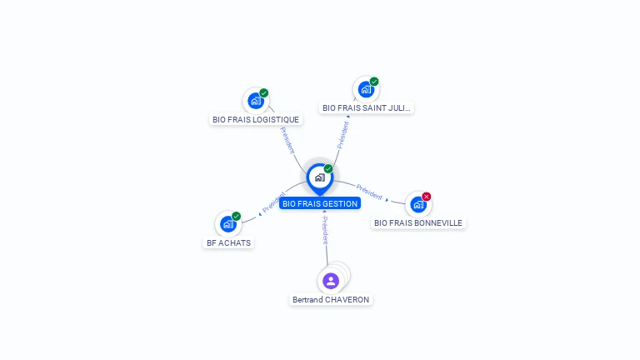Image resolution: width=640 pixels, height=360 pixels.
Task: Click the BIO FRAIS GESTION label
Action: click(x=320, y=203)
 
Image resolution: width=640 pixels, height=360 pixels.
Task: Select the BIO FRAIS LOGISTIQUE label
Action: click(x=256, y=119)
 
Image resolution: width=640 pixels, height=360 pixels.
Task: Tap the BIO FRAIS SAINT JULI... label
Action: click(x=367, y=107)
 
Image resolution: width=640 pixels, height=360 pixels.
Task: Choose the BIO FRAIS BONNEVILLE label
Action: click(x=418, y=222)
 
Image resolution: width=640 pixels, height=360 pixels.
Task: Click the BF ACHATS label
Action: click(x=228, y=242)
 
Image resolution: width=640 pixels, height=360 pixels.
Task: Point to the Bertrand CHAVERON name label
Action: click(x=331, y=299)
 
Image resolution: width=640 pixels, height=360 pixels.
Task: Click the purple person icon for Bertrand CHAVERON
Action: click(x=331, y=280)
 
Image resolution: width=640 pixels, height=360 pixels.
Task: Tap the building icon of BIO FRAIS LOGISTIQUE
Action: click(x=256, y=100)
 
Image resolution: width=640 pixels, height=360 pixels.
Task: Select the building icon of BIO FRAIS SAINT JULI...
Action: click(x=366, y=88)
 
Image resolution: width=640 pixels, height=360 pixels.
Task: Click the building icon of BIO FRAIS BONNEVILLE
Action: click(x=418, y=204)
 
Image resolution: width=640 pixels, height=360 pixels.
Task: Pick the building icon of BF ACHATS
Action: click(x=228, y=223)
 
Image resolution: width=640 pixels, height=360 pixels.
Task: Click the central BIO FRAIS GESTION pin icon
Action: click(x=319, y=177)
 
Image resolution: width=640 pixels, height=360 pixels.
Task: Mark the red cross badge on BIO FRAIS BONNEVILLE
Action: click(x=427, y=197)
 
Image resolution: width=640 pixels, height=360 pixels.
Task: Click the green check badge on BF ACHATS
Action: click(x=237, y=216)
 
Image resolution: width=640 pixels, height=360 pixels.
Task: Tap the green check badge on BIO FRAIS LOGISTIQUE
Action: click(x=264, y=92)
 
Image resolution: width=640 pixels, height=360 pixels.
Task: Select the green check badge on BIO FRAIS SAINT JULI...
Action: click(x=374, y=82)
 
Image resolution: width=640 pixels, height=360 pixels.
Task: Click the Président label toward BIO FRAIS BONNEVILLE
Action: click(x=369, y=191)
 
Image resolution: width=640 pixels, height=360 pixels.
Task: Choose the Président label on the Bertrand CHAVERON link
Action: click(x=326, y=229)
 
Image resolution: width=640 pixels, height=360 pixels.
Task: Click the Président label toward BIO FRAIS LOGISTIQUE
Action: click(x=287, y=138)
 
